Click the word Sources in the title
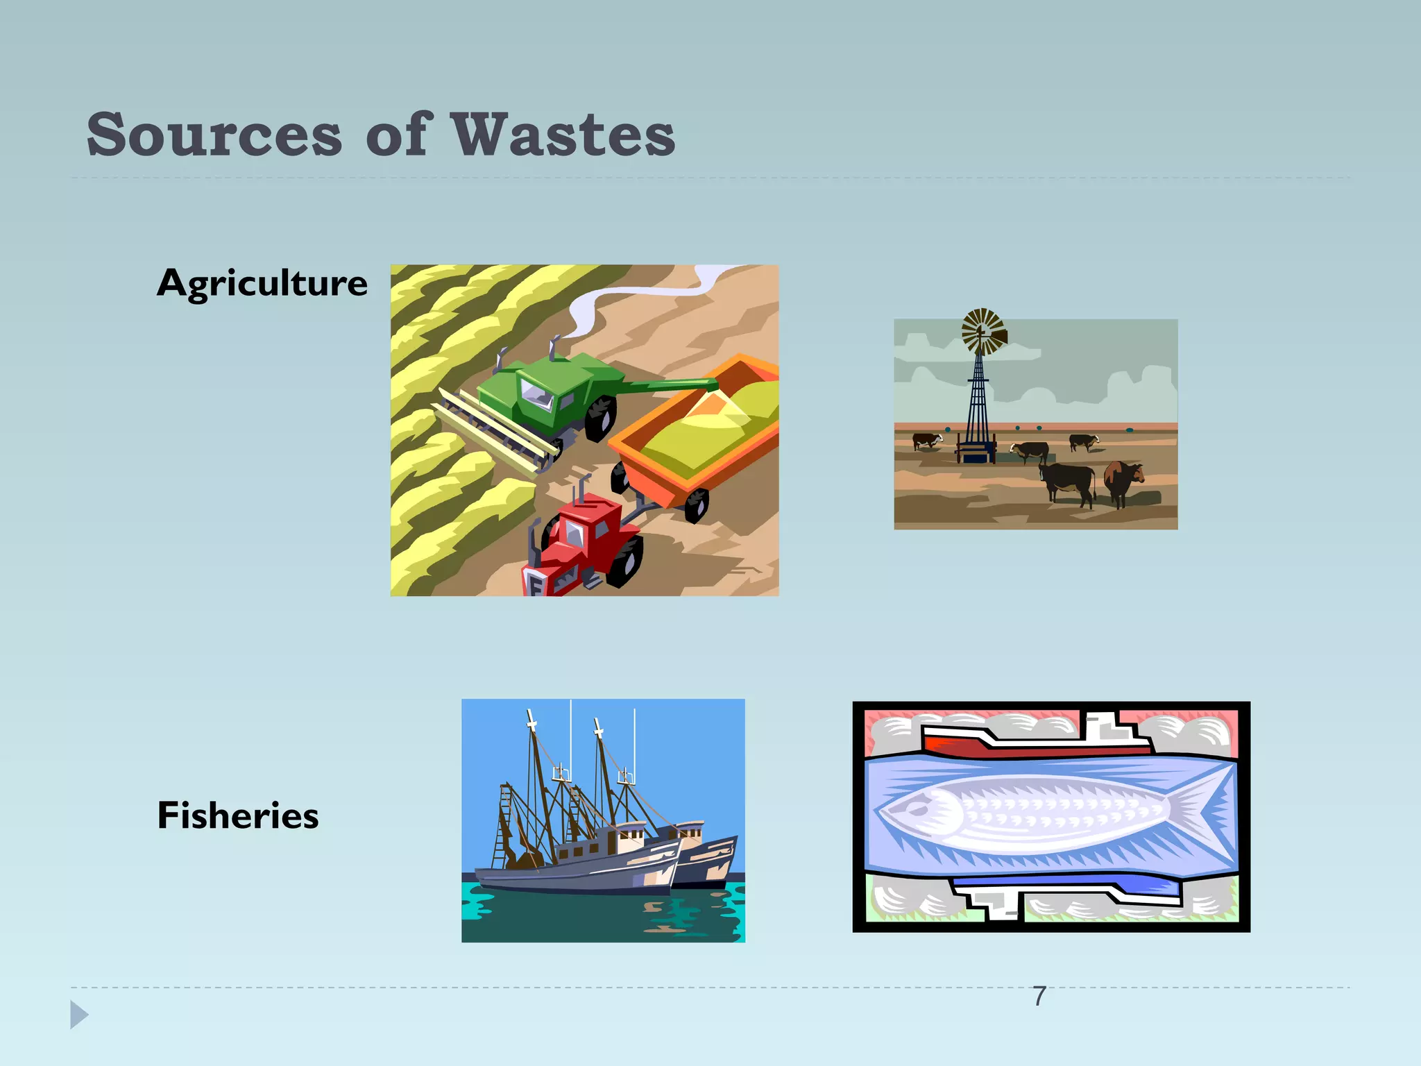pos(214,135)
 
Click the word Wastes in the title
pos(563,135)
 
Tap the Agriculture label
pos(262,283)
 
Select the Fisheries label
pos(238,815)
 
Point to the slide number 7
pos(1039,997)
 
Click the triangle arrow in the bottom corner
pos(79,1015)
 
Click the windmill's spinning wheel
pos(982,331)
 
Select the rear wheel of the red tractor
pos(624,562)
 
